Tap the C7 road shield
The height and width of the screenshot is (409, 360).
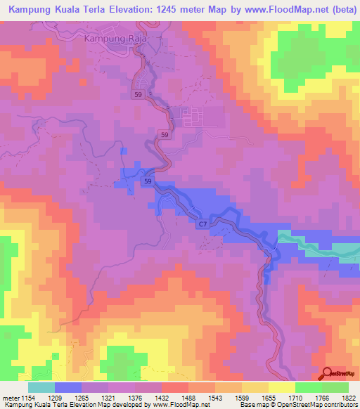coord(202,223)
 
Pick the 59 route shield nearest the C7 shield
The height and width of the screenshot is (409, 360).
coord(148,182)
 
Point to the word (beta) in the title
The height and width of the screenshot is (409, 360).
coord(338,11)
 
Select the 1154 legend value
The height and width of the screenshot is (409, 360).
coord(28,398)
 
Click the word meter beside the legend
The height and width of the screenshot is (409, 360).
coord(10,398)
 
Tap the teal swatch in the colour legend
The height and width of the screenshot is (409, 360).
coord(41,387)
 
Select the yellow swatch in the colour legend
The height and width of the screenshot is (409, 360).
coord(282,387)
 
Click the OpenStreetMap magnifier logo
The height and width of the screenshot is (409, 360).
coord(326,372)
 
